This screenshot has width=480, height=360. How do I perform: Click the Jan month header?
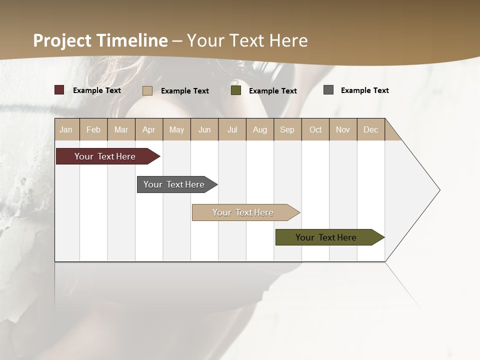click(x=66, y=129)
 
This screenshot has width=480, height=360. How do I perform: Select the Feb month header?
click(x=93, y=129)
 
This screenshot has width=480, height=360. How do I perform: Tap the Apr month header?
click(x=148, y=129)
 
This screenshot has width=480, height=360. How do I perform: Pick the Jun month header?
click(x=204, y=129)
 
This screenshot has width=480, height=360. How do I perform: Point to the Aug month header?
click(x=259, y=129)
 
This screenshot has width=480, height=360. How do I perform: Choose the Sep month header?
click(x=287, y=129)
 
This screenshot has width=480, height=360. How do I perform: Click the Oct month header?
click(x=315, y=129)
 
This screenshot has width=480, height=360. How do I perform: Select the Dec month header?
click(x=370, y=129)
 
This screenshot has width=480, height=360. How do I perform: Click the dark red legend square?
click(x=59, y=90)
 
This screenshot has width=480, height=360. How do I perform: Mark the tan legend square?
click(x=147, y=90)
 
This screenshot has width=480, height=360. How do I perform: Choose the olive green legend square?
click(x=236, y=90)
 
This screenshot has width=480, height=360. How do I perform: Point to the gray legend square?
click(x=328, y=90)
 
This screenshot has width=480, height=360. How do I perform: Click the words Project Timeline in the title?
click(x=100, y=40)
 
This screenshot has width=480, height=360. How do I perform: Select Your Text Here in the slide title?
click(x=247, y=40)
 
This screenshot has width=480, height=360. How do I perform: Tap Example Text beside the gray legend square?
click(x=364, y=90)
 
